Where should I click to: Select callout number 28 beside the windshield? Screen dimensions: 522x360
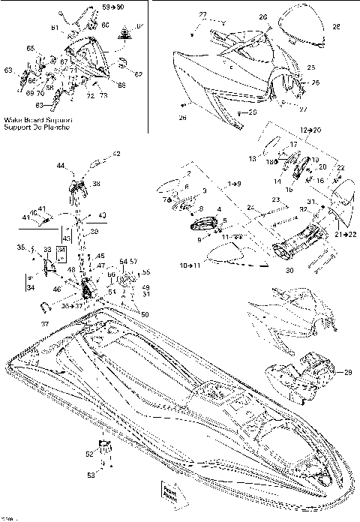tap(335, 26)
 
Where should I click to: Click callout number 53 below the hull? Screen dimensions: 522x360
tap(91, 475)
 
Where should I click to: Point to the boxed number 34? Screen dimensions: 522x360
tap(30, 287)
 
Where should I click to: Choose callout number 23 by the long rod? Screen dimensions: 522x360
tap(276, 199)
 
